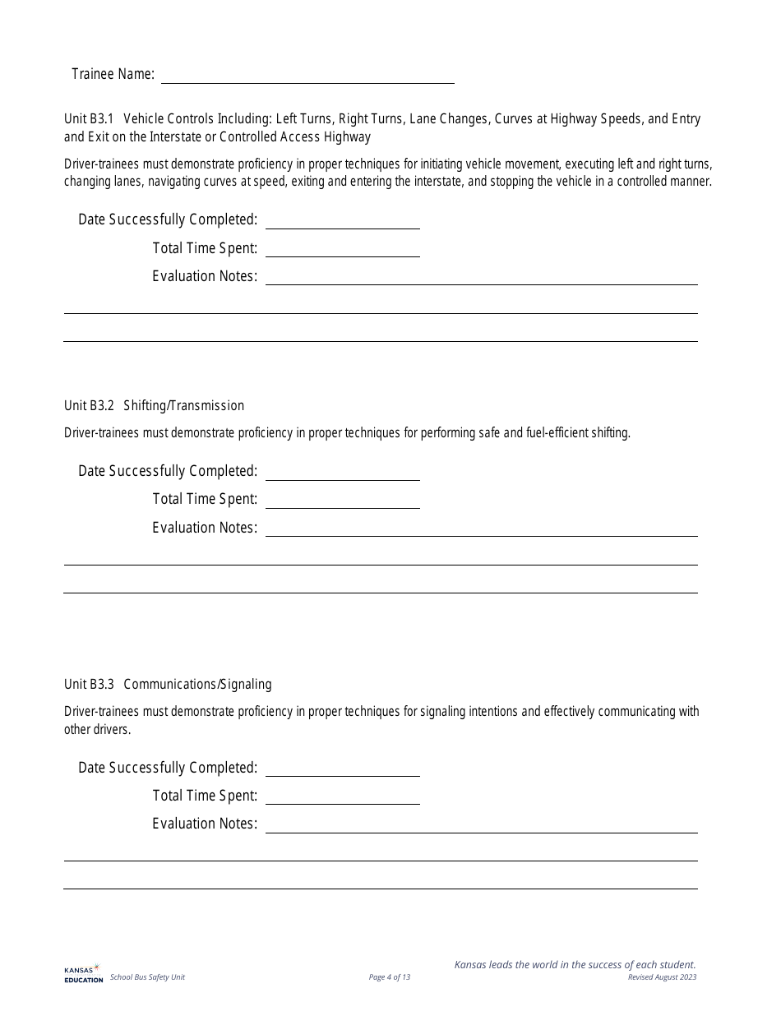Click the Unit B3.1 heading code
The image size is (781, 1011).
[89, 119]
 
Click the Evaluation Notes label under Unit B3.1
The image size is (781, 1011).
[205, 276]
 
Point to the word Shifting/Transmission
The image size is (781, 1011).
[183, 405]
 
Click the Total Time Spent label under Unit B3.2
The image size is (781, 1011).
[205, 499]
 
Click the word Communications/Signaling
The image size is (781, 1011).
[197, 684]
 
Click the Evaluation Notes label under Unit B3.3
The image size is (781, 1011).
[205, 824]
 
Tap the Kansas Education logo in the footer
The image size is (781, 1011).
[83, 973]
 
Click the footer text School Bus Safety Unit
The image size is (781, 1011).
[147, 977]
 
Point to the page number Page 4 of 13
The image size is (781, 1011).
[390, 977]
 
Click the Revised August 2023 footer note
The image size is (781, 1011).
[662, 977]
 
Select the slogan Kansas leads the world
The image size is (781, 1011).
[575, 965]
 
